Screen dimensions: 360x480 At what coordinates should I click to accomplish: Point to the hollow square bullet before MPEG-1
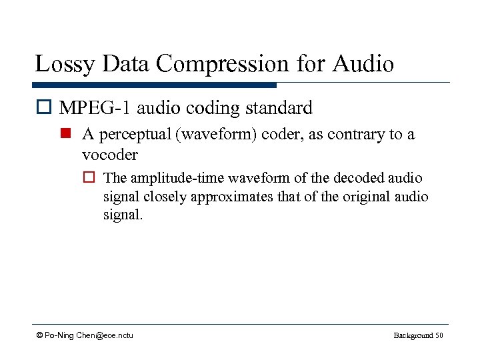pyautogui.click(x=44, y=108)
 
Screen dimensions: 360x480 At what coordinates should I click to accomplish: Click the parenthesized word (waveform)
pyautogui.click(x=215, y=135)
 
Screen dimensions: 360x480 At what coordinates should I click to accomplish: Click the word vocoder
pyautogui.click(x=109, y=155)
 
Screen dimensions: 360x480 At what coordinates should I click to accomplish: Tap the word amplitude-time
pyautogui.click(x=175, y=179)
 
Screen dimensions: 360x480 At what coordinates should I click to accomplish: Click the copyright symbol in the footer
pyautogui.click(x=40, y=335)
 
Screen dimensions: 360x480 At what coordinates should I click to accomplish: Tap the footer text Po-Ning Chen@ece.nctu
pyautogui.click(x=89, y=335)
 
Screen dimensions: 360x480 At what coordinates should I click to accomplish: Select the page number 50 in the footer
pyautogui.click(x=439, y=335)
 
